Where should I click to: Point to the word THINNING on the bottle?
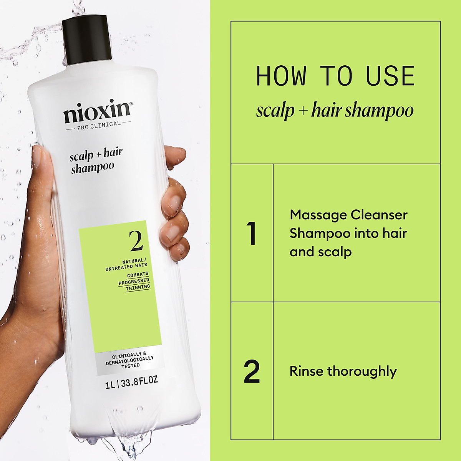click(138, 287)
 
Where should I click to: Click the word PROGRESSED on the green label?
click(134, 281)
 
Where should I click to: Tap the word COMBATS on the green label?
click(138, 275)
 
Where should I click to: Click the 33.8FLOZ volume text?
click(139, 381)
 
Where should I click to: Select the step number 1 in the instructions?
click(252, 233)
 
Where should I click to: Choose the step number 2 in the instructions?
click(252, 371)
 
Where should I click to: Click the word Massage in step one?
click(312, 215)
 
